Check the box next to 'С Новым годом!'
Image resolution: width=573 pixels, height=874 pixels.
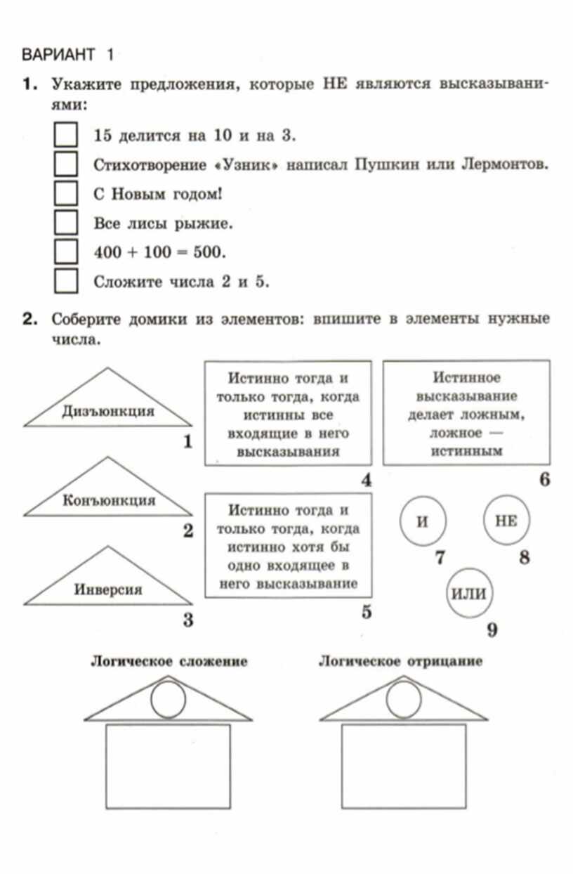click(x=65, y=193)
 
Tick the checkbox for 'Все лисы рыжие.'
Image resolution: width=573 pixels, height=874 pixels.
click(x=65, y=223)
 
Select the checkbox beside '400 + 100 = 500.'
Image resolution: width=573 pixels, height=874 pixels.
click(x=65, y=252)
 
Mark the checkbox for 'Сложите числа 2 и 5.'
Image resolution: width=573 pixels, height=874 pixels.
click(x=65, y=281)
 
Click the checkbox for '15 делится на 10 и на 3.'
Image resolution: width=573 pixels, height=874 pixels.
click(x=65, y=134)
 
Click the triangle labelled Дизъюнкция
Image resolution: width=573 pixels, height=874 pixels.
click(x=107, y=407)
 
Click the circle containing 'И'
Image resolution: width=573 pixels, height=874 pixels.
click(x=422, y=521)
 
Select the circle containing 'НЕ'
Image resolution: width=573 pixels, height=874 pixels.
click(x=506, y=521)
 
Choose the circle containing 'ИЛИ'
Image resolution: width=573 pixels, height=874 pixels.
click(x=468, y=592)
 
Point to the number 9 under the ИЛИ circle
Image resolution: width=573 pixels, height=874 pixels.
click(x=492, y=630)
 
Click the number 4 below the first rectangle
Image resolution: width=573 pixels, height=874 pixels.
click(x=366, y=481)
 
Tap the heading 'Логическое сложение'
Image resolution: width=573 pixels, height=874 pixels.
click(x=169, y=661)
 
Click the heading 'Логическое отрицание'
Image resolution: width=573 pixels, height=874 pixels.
click(x=400, y=661)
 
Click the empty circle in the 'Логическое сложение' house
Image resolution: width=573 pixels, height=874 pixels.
click(x=169, y=699)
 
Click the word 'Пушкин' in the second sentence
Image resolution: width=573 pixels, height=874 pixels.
click(x=378, y=164)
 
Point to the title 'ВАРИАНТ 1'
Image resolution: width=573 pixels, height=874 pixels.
click(x=67, y=53)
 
